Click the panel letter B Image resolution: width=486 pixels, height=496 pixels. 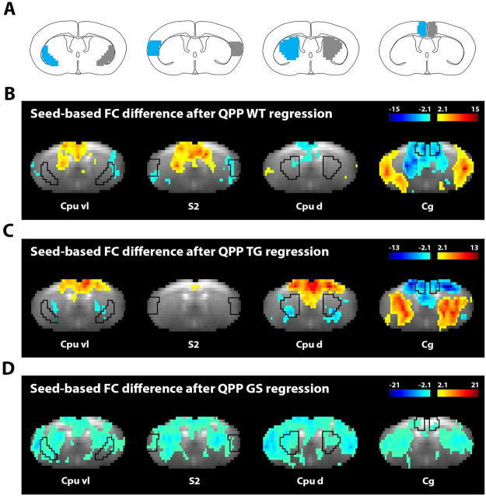point(9,93)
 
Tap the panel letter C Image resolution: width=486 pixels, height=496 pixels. point(9,230)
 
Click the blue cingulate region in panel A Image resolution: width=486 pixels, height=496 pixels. point(421,29)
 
